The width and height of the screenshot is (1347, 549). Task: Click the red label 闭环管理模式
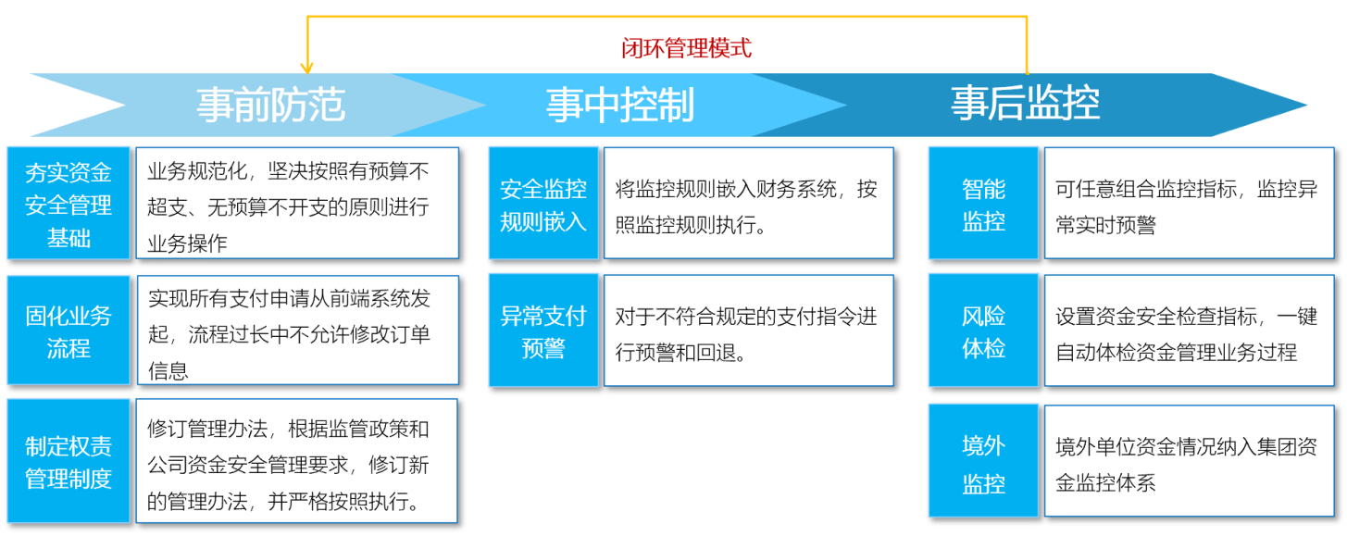pyautogui.click(x=686, y=48)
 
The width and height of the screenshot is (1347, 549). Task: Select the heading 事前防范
pyautogui.click(x=270, y=105)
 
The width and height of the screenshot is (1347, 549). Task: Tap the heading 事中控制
pyautogui.click(x=620, y=105)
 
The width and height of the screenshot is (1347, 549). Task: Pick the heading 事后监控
pyautogui.click(x=1025, y=103)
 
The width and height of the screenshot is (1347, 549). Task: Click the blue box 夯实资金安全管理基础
pyautogui.click(x=69, y=204)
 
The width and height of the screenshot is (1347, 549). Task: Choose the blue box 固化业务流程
pyautogui.click(x=69, y=331)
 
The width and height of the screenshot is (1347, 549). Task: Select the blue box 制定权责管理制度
pyautogui.click(x=69, y=461)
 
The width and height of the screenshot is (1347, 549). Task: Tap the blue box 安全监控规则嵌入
pyautogui.click(x=543, y=204)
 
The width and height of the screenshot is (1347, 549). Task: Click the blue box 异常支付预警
pyautogui.click(x=543, y=331)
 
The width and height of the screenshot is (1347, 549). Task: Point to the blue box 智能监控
pyautogui.click(x=983, y=204)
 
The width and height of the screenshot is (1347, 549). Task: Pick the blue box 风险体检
pyautogui.click(x=983, y=331)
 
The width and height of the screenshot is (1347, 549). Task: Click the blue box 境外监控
pyautogui.click(x=983, y=461)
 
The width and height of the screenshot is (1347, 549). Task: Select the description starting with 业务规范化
pyautogui.click(x=298, y=204)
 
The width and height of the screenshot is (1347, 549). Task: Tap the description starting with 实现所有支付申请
pyautogui.click(x=298, y=331)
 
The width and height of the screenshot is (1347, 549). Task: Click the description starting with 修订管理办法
pyautogui.click(x=297, y=461)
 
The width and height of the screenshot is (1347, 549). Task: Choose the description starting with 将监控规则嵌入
pyautogui.click(x=749, y=204)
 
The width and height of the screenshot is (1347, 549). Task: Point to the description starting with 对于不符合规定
pyautogui.click(x=749, y=331)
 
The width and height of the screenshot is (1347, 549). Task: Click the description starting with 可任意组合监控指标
pyautogui.click(x=1190, y=204)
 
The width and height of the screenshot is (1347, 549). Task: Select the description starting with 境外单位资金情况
pyautogui.click(x=1190, y=461)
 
